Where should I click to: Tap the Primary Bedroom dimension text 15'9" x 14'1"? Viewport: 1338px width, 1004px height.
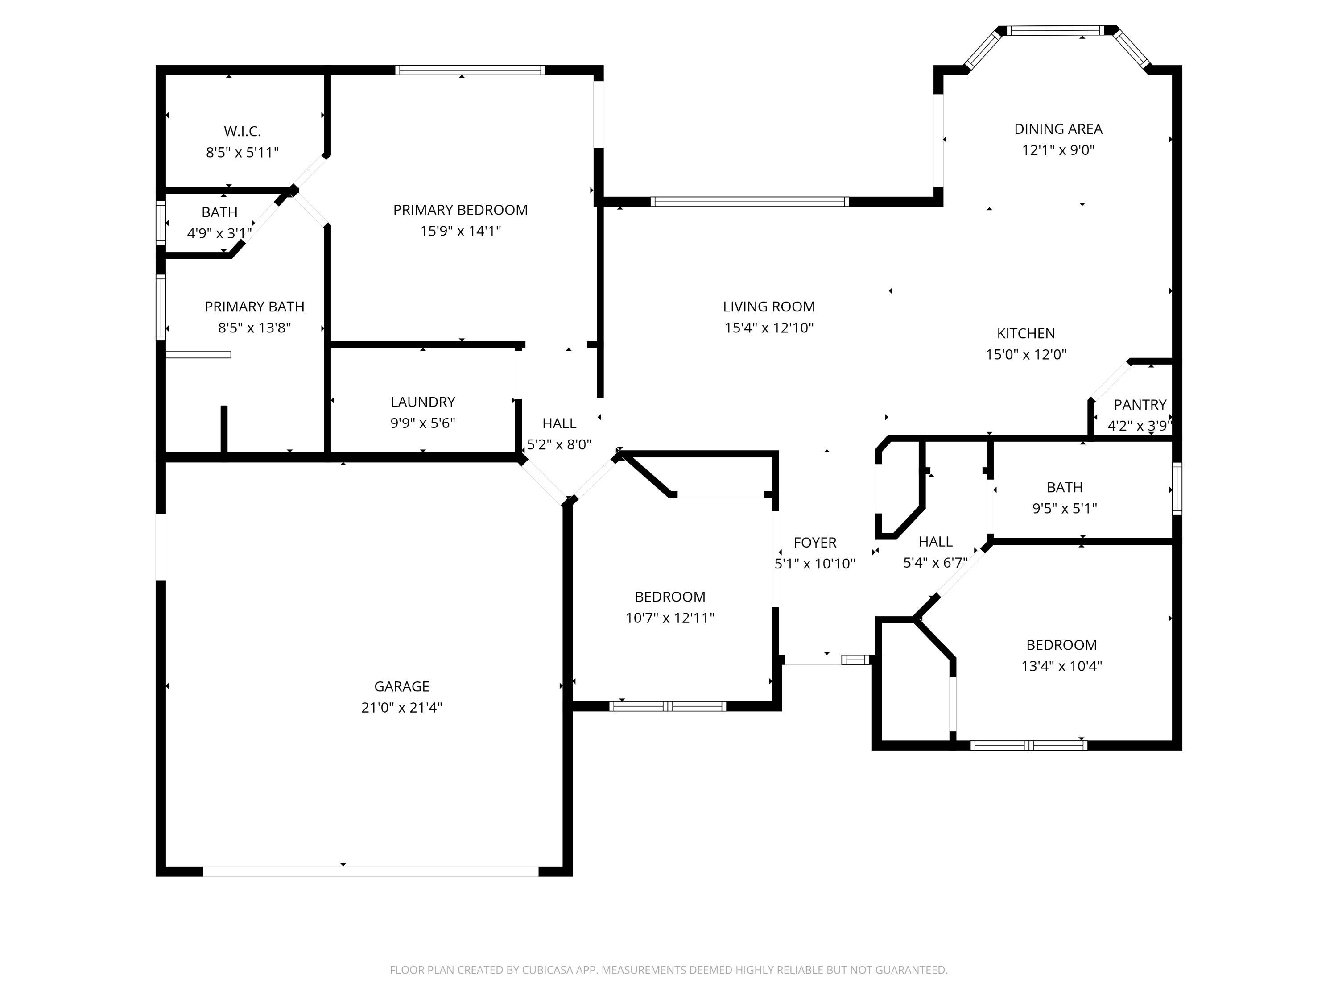(460, 231)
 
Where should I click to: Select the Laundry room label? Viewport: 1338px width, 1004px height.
(423, 402)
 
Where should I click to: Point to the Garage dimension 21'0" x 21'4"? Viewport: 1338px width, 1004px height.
(402, 707)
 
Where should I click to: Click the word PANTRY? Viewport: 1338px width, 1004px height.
(1140, 405)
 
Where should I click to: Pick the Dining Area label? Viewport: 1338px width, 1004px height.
(1058, 129)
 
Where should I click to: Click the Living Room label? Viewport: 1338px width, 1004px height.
(769, 307)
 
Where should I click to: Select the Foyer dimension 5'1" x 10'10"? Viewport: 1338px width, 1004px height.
(815, 564)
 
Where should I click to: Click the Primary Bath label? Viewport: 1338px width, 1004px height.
(254, 307)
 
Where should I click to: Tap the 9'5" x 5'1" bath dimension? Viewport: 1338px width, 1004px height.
(1065, 508)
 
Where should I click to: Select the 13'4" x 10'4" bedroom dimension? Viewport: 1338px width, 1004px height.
(1061, 666)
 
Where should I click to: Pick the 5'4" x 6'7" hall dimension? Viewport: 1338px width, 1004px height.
(935, 563)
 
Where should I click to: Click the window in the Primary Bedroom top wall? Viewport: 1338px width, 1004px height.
(470, 70)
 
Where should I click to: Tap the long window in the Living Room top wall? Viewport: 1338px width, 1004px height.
(749, 202)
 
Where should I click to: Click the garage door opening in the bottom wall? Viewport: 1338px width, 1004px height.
(370, 871)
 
